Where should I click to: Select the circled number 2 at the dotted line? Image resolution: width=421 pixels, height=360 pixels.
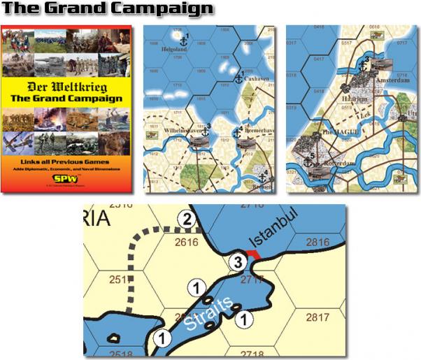tap(185, 219)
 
